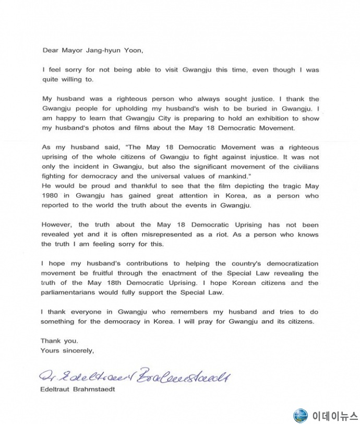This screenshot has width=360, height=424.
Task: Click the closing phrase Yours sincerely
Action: coord(67,350)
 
